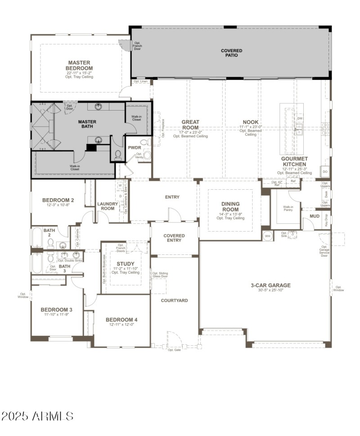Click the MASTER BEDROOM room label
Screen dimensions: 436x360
(x=79, y=66)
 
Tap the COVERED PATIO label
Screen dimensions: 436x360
(x=231, y=53)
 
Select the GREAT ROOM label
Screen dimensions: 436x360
(x=190, y=125)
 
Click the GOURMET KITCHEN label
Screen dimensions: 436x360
(x=294, y=161)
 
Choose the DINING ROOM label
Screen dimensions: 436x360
(x=230, y=207)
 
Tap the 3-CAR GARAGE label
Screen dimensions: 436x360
(x=270, y=285)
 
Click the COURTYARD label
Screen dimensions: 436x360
(x=174, y=300)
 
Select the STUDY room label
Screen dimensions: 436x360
(x=126, y=264)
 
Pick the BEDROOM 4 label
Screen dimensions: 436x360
(x=121, y=320)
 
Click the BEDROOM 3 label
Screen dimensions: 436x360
(x=56, y=310)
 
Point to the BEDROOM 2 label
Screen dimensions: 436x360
(x=58, y=200)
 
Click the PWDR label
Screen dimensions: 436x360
(x=135, y=147)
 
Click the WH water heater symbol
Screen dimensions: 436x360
(x=267, y=236)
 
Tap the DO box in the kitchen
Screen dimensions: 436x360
(x=325, y=172)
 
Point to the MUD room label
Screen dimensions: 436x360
(x=315, y=217)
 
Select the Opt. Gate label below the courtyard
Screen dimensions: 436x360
(x=174, y=349)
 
